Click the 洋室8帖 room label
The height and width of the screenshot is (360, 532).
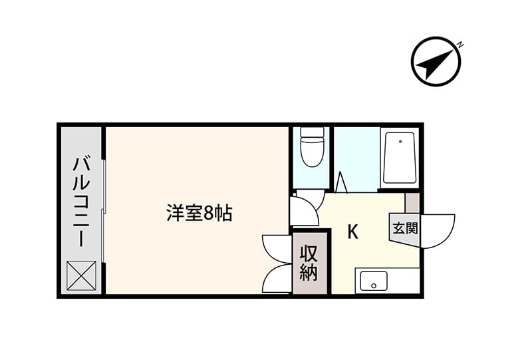coord(199,214)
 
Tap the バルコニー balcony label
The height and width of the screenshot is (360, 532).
coord(81,202)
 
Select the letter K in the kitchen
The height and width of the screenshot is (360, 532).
coord(353,232)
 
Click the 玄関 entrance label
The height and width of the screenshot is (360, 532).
coord(405,228)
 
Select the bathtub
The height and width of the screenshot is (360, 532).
coord(400,158)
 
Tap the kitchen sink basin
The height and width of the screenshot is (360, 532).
coord(374,281)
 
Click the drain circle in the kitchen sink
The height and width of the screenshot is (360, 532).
coord(374,285)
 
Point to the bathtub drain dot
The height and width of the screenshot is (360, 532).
coord(401,141)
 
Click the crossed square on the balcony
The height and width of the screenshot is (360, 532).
coord(81,275)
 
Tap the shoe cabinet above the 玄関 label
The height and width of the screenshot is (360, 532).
coord(412,203)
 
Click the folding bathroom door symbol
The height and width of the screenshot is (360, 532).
coord(342,182)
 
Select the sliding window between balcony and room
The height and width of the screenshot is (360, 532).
coord(104,210)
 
